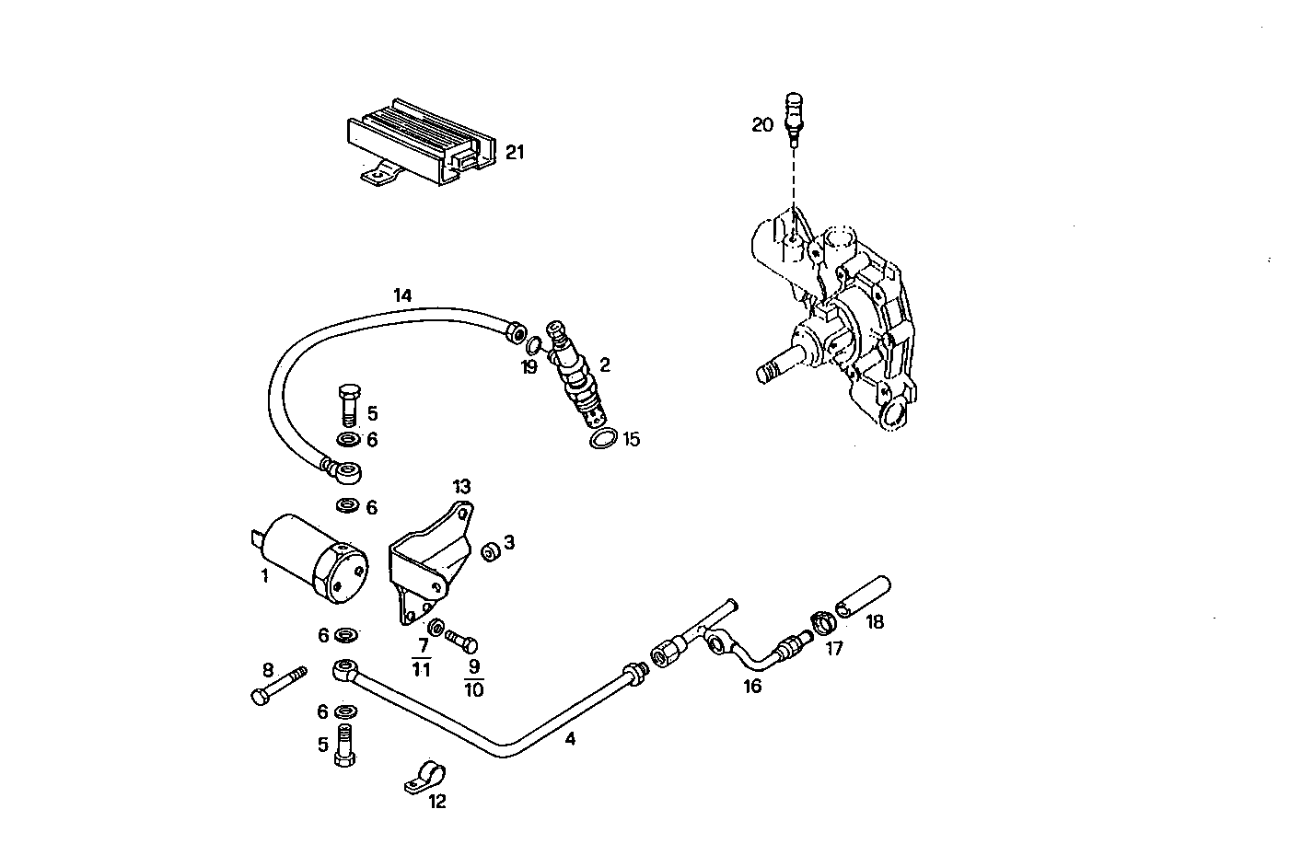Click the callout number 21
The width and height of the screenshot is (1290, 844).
[514, 152]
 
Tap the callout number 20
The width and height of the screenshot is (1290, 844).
[762, 124]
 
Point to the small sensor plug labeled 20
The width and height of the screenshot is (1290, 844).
[794, 116]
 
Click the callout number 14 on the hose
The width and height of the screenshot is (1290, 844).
[402, 295]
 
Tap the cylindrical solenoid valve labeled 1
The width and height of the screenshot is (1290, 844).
[318, 558]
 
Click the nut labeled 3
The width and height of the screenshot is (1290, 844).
[491, 551]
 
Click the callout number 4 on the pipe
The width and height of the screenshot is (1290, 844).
[570, 738]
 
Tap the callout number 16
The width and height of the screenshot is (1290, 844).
[752, 686]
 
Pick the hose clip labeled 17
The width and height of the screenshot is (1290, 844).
[822, 621]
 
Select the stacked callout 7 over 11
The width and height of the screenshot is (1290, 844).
[421, 657]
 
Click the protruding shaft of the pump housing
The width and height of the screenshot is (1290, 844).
[778, 368]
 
